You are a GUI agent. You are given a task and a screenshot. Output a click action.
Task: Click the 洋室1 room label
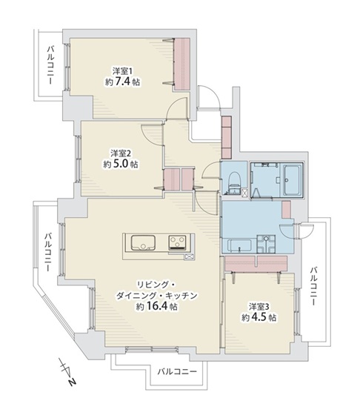(122, 71)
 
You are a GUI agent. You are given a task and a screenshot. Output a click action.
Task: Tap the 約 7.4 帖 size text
(122, 82)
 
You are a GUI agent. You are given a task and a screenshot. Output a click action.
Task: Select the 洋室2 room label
(121, 153)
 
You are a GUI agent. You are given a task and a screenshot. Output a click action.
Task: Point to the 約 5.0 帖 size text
(121, 164)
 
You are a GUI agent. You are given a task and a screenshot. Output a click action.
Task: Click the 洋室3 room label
(259, 307)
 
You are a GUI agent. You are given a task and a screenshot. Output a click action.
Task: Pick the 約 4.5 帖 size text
(259, 317)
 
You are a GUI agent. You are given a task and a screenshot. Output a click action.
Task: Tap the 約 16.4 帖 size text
(157, 306)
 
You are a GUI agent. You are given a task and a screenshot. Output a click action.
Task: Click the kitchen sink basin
(143, 242)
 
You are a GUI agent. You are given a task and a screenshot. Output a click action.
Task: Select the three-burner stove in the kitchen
(177, 243)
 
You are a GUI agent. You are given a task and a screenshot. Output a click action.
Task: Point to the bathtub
(293, 180)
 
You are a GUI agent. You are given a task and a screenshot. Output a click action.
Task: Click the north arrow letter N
(71, 382)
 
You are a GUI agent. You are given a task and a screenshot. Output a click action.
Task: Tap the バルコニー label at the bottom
(177, 371)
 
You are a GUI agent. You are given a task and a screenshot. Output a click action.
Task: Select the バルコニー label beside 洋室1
(50, 65)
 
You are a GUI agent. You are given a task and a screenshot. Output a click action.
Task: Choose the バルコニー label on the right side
(313, 286)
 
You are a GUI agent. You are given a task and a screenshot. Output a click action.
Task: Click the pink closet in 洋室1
(181, 64)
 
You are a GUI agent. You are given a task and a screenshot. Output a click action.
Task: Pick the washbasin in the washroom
(266, 244)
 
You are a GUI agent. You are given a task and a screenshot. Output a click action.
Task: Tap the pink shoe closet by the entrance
(227, 138)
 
